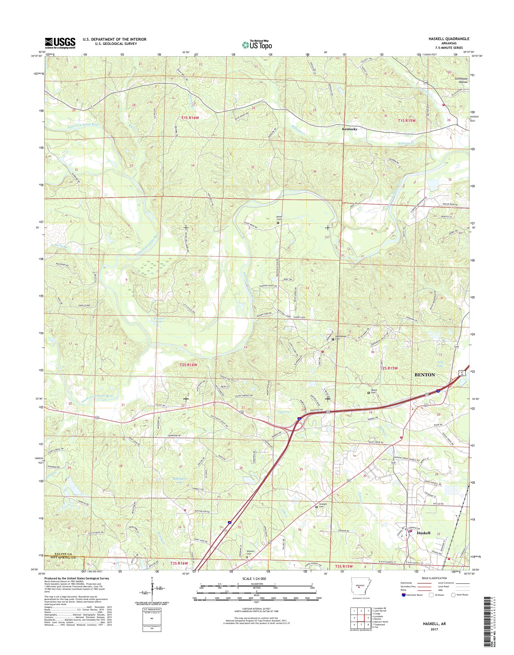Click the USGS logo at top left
pos(60,43)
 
